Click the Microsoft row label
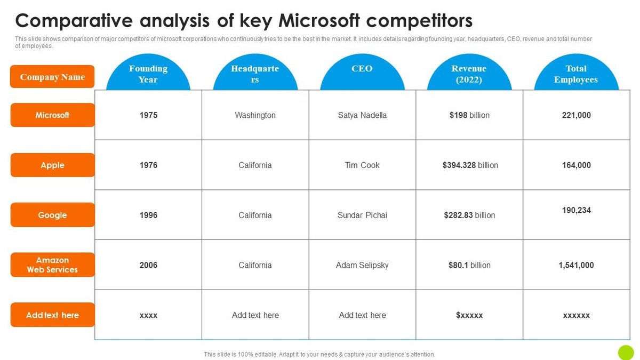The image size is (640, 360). [52, 115]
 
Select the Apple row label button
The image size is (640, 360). [52, 165]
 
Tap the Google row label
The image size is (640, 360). [52, 215]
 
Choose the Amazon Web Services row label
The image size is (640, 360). [52, 265]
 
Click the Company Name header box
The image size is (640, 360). [52, 77]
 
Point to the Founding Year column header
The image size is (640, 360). [148, 74]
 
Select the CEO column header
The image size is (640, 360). [362, 69]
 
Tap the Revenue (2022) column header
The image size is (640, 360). [469, 74]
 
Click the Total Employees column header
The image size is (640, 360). [576, 74]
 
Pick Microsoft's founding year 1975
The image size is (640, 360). [148, 115]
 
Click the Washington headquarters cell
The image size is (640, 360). [255, 115]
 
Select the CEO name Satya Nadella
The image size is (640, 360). [362, 115]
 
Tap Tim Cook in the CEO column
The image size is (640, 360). [362, 165]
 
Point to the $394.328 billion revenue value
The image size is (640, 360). [470, 165]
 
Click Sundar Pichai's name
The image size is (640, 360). [362, 215]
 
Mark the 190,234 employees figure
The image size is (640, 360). [577, 210]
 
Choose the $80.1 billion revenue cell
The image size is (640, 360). [469, 265]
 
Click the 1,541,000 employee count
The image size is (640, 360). [577, 265]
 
